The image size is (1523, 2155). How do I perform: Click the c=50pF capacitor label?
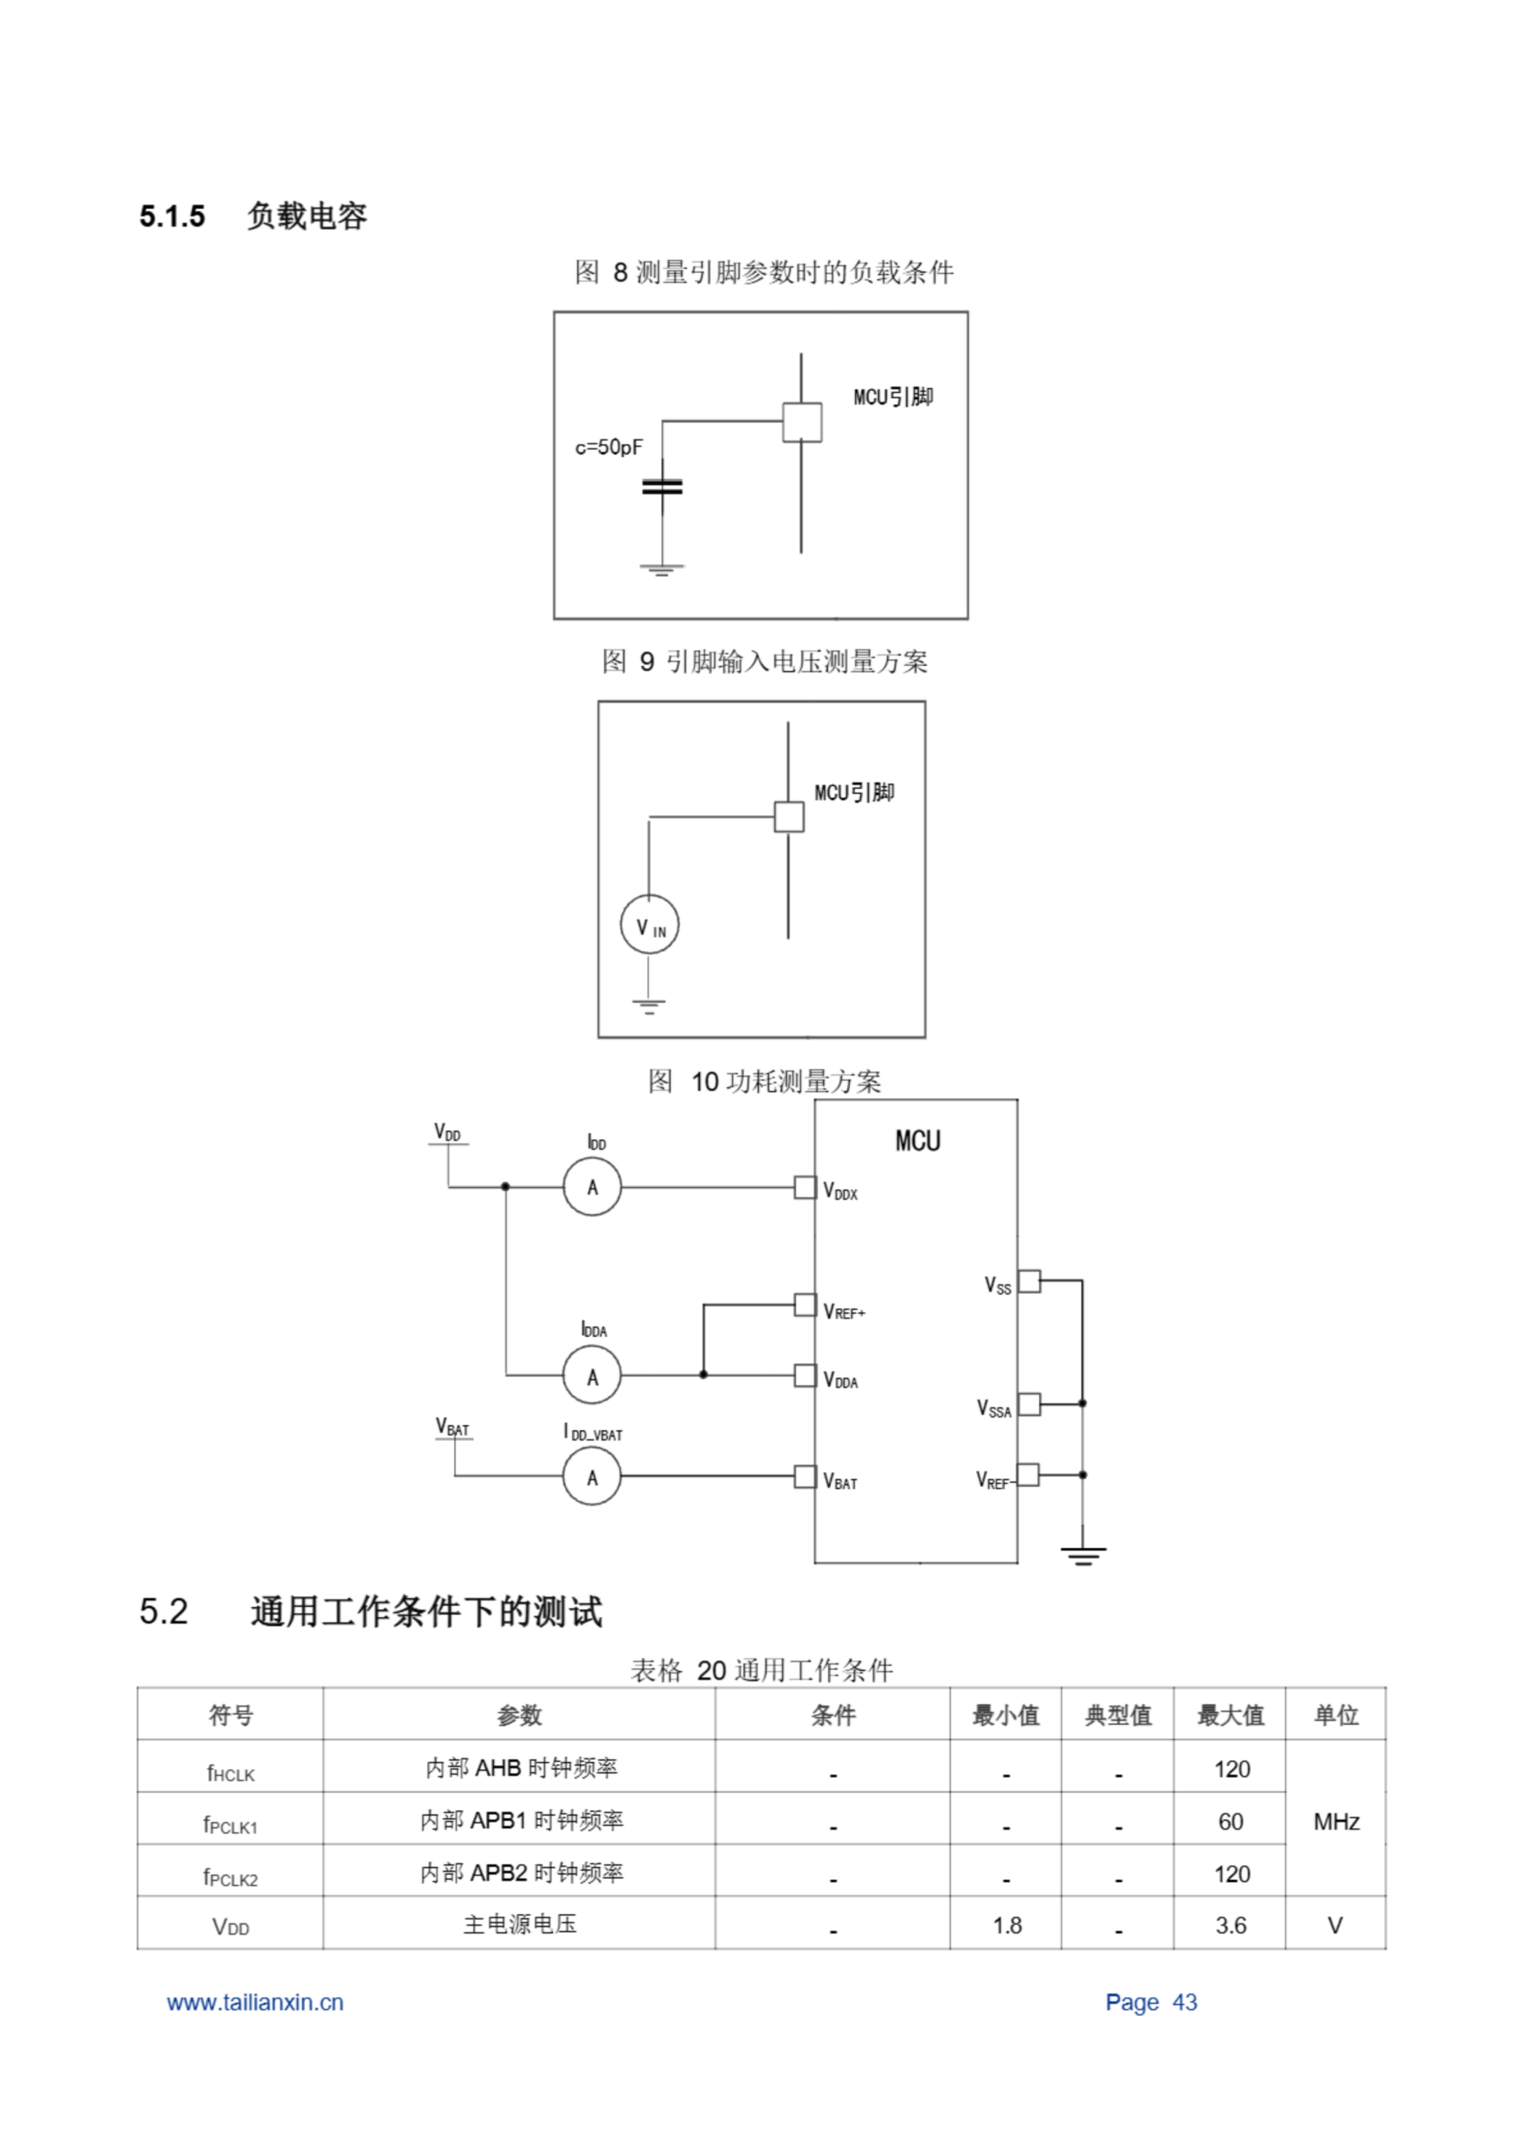[608, 448]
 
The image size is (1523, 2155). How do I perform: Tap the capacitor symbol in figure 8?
[661, 487]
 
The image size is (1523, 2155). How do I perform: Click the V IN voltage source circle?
[650, 924]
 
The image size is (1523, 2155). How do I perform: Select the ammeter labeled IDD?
[592, 1187]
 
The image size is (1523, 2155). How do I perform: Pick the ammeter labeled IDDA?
[592, 1376]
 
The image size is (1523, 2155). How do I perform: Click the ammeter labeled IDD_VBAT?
[592, 1477]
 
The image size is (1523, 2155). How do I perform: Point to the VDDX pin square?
[804, 1187]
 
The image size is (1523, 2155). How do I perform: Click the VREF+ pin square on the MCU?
[804, 1305]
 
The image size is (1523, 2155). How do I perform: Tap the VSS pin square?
[1029, 1280]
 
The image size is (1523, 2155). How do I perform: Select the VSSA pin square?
[1029, 1404]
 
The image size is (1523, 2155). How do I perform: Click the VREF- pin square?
[1028, 1475]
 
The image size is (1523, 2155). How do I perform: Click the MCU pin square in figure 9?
[788, 817]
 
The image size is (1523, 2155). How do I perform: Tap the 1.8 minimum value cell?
[1007, 1925]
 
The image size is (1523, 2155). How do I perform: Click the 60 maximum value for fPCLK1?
[1230, 1822]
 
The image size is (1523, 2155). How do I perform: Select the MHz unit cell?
[1336, 1822]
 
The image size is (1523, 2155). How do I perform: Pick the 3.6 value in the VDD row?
[1230, 1925]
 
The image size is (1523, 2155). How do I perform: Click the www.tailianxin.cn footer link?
[255, 2002]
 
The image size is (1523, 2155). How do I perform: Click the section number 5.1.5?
[172, 217]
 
